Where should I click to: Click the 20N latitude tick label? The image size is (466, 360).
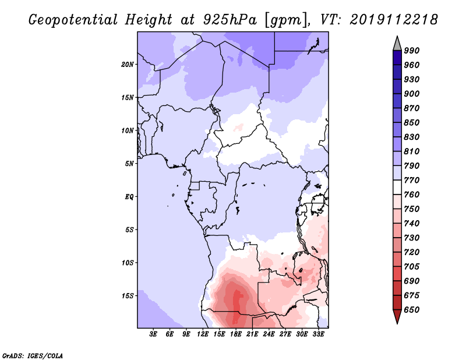[x=128, y=65]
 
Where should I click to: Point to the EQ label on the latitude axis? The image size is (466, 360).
[x=129, y=197]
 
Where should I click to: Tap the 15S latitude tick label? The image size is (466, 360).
[x=128, y=296]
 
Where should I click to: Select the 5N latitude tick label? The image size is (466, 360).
[x=129, y=164]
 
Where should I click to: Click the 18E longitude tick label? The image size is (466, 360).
[x=236, y=334]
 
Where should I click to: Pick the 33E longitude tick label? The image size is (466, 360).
[x=318, y=334]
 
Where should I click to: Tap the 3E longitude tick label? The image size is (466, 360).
[x=153, y=334]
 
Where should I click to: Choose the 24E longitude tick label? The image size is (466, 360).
[x=269, y=334]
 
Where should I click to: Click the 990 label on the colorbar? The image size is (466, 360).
[x=412, y=51]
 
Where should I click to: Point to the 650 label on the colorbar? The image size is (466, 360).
[x=412, y=310]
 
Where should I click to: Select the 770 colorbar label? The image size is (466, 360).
[x=412, y=180]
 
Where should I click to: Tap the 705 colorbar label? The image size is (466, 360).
[x=412, y=267]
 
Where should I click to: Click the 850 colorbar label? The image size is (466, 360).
[x=412, y=122]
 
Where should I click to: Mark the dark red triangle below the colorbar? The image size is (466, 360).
[x=397, y=316]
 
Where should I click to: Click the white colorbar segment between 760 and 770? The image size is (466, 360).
[x=397, y=188]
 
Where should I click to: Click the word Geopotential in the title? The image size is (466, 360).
[x=73, y=20]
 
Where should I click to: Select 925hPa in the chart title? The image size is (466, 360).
[x=230, y=20]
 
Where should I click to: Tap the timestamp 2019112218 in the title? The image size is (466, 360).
[x=394, y=20]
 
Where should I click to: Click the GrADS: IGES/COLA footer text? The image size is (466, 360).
[x=33, y=356]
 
